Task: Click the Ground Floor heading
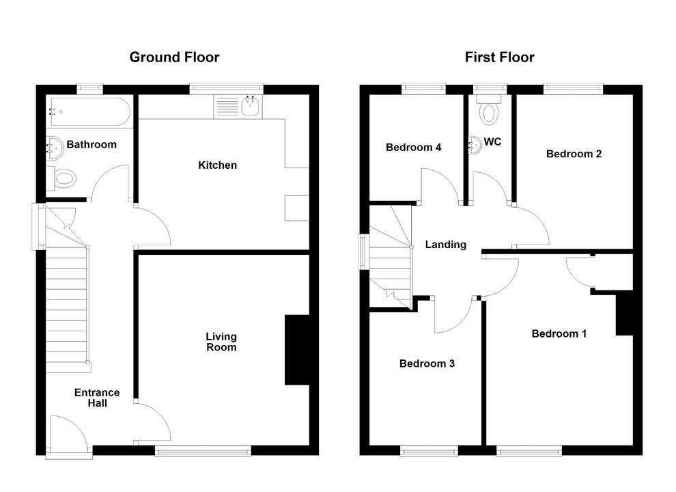(x=174, y=57)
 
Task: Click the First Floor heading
(x=499, y=57)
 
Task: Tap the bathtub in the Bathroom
(x=89, y=112)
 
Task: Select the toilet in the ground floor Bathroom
(x=64, y=180)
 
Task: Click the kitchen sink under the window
(x=249, y=106)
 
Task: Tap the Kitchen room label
(x=217, y=165)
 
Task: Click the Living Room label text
(x=221, y=342)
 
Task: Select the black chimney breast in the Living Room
(x=296, y=350)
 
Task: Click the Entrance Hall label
(x=97, y=398)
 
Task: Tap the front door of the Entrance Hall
(x=69, y=432)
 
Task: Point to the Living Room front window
(x=203, y=450)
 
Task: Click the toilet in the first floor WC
(x=489, y=111)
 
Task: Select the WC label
(x=493, y=142)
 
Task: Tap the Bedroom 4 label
(x=413, y=148)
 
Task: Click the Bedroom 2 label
(x=574, y=154)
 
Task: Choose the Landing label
(x=445, y=245)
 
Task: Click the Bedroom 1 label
(x=559, y=334)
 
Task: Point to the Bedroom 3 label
(x=427, y=364)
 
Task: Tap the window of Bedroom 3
(x=429, y=450)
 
